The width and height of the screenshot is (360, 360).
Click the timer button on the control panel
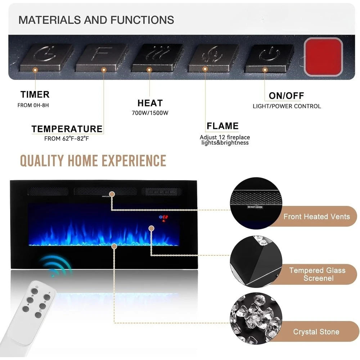46,56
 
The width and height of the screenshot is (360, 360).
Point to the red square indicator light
323,57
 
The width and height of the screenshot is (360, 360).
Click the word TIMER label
35,95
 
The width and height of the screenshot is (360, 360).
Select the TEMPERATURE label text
67,129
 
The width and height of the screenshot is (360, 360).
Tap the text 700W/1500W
150,113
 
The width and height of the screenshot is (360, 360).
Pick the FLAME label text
222,126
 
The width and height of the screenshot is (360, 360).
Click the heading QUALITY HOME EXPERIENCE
93,161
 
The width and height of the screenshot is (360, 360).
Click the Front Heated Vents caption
316,217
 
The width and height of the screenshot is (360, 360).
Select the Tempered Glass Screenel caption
317,274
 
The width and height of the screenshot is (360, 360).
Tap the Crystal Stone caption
316,332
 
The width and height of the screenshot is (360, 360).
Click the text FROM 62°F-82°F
67,139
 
